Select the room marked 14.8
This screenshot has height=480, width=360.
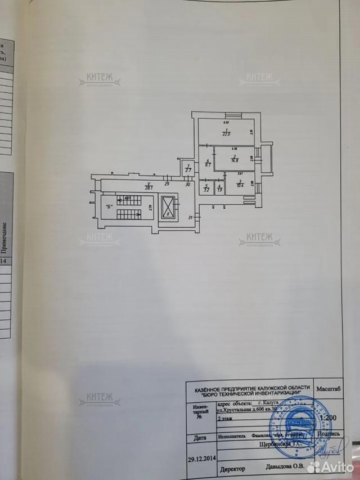[x=233, y=159]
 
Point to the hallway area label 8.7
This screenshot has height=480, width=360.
[x=207, y=164]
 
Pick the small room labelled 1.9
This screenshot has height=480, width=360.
[x=219, y=189]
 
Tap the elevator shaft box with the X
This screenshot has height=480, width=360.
[x=168, y=208]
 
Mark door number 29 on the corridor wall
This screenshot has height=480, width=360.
[x=167, y=184]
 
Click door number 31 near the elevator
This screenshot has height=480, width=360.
[x=190, y=218]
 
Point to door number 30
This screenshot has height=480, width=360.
[x=188, y=184]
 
